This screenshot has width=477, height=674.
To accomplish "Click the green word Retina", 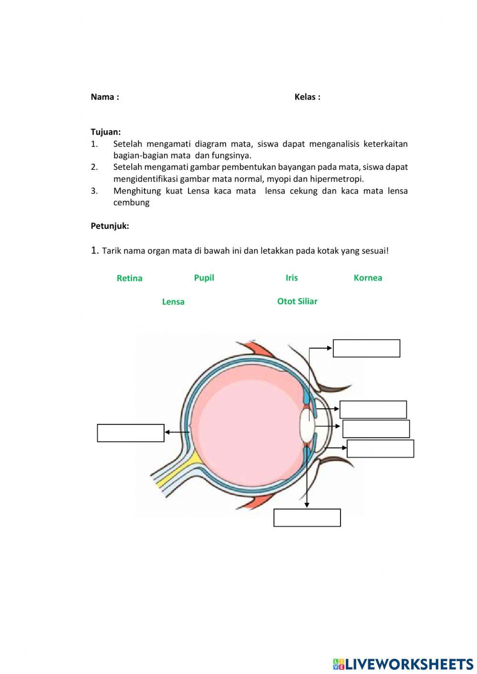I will (129, 278).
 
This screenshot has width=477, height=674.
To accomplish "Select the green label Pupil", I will (204, 278).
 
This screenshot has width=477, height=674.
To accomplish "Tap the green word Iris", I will (291, 278).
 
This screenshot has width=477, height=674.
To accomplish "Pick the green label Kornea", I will (367, 278).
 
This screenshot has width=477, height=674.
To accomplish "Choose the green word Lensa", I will (173, 301).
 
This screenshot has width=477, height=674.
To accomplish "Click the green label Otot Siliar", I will (297, 301).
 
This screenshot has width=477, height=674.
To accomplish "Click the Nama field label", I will (104, 97).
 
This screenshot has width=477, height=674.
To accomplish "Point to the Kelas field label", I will (307, 97).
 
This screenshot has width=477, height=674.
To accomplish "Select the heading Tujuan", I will (105, 132).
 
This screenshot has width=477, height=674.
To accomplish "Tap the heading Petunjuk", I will (110, 226).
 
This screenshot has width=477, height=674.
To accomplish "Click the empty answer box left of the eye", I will (131, 433).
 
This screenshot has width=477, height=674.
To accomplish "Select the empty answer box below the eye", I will (307, 518).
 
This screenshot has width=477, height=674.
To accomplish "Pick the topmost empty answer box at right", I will (366, 348).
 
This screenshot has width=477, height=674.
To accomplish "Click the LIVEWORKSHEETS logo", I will (403, 664).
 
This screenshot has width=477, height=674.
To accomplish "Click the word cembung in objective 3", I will (131, 202).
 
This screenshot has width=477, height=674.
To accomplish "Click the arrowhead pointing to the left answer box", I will (167, 433).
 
